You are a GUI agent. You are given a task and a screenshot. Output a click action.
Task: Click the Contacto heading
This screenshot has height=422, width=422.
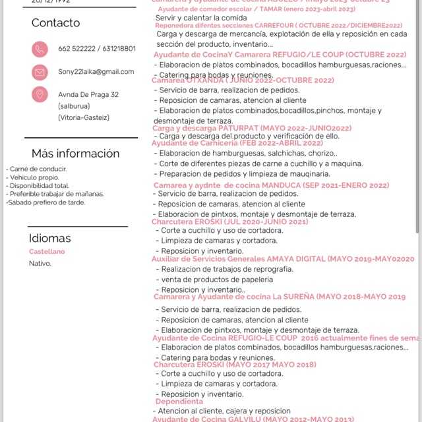(55, 23)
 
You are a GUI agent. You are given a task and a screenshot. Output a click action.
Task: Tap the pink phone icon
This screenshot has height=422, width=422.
(40, 49)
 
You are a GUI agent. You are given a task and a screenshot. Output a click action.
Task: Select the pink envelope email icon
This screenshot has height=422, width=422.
(40, 72)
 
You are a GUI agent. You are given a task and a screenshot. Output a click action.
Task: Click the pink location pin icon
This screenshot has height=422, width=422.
(40, 94)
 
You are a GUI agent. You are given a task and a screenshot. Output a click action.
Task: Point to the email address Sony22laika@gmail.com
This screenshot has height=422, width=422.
(96, 72)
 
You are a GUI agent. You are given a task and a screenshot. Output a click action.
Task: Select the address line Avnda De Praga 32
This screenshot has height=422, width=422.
(88, 95)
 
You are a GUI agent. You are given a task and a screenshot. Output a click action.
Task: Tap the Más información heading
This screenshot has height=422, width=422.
(75, 154)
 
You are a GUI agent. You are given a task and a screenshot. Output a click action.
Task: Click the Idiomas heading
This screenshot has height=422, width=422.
(49, 238)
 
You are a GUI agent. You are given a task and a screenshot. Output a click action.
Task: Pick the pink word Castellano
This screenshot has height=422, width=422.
(47, 252)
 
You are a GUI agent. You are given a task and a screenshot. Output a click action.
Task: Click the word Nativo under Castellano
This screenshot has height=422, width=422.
(40, 264)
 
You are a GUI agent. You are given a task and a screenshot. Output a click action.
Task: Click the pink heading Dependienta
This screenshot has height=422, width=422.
(179, 402)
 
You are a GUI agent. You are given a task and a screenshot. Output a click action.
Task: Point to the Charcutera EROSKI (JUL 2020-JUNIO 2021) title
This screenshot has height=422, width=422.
(230, 222)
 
